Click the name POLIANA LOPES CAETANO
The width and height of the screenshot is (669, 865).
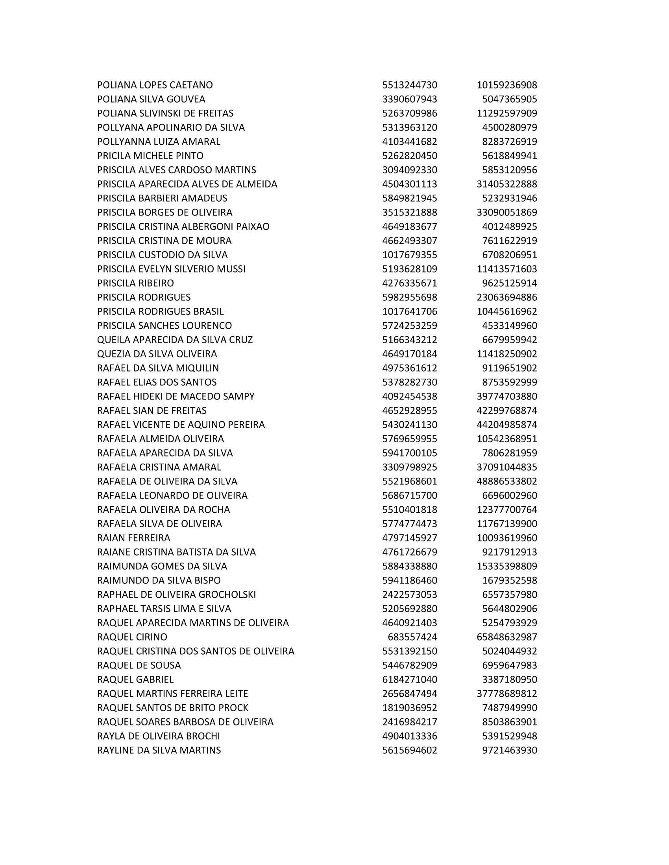click(x=155, y=85)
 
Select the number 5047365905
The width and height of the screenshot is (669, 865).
click(x=509, y=99)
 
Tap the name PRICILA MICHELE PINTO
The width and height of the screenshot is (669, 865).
click(x=150, y=156)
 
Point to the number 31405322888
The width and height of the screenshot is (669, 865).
click(x=506, y=184)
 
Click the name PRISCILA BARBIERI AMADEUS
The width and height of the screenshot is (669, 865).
click(x=162, y=198)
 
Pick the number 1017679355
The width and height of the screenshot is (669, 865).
click(x=409, y=255)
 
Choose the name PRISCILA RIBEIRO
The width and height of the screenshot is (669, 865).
click(x=135, y=283)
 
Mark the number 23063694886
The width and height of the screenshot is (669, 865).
click(x=506, y=297)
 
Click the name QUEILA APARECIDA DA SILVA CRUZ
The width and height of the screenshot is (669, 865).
click(x=175, y=340)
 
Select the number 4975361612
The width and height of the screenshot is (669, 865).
click(x=409, y=368)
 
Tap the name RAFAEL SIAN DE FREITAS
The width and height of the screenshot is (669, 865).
click(x=152, y=410)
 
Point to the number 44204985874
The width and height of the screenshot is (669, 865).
click(x=506, y=425)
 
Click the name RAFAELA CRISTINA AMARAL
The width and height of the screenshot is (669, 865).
click(x=159, y=467)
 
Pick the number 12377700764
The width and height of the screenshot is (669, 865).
click(x=506, y=509)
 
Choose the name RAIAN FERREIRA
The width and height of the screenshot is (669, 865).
click(x=133, y=538)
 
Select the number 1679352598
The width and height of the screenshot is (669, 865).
click(x=509, y=580)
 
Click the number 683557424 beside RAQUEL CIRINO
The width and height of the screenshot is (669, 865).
click(x=412, y=637)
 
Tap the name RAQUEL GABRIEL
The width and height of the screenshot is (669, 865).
click(x=135, y=679)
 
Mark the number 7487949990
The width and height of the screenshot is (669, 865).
click(x=509, y=708)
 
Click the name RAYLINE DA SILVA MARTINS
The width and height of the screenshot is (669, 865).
click(x=159, y=750)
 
